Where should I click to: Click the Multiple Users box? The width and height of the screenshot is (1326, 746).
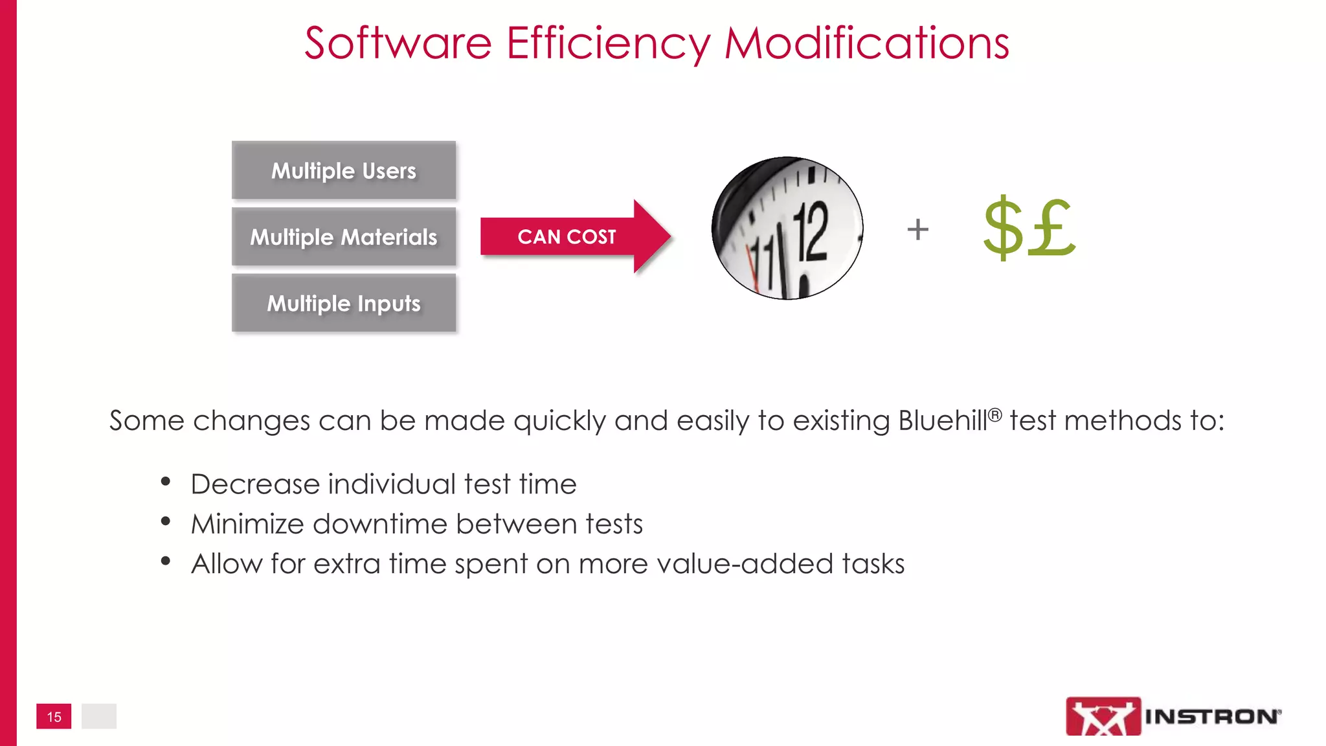coord(344,170)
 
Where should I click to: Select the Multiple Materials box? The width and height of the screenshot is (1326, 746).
coord(344,237)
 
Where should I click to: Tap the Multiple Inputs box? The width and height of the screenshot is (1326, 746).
coord(344,303)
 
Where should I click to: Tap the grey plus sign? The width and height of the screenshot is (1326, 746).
coord(917,229)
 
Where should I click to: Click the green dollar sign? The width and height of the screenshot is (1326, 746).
coord(1003,228)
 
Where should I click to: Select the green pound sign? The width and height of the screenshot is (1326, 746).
coord(1051,228)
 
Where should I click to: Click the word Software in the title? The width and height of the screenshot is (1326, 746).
coord(398,44)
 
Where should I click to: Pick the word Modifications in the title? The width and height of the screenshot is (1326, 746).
coord(866,44)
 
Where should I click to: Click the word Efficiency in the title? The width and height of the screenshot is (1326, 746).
coord(608,44)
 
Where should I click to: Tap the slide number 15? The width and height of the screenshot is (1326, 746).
coord(54,717)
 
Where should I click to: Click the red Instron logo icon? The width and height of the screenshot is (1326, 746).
coord(1103,716)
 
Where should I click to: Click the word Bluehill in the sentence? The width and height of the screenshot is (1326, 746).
coord(943,421)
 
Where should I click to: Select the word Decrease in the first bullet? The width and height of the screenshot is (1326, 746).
coord(255,484)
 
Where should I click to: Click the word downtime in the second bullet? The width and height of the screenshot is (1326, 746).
coord(379,524)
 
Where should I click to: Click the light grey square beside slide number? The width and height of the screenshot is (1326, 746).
coord(99,716)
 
